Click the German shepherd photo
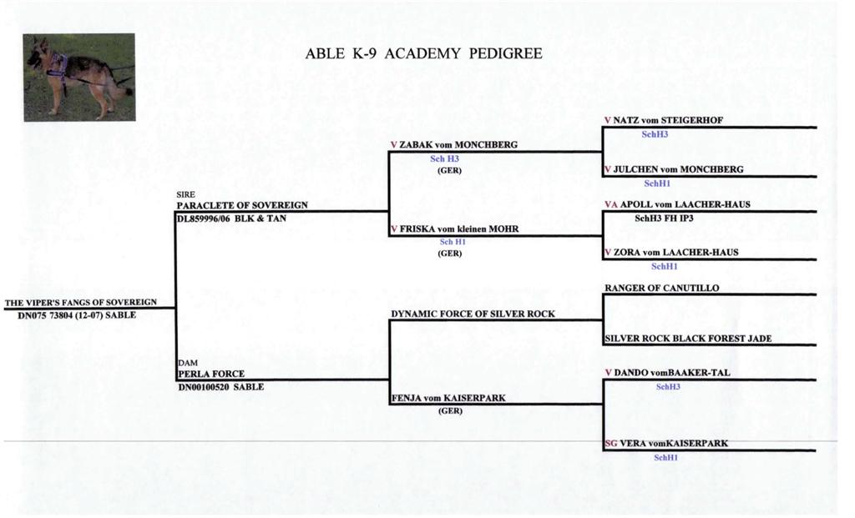click(79, 78)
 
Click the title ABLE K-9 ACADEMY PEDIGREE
click(423, 53)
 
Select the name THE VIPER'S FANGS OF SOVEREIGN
click(81, 302)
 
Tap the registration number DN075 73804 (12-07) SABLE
click(77, 315)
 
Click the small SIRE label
click(185, 194)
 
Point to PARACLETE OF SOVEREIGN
click(242, 205)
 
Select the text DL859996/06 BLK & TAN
click(231, 219)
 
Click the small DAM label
click(188, 363)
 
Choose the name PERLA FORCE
click(211, 374)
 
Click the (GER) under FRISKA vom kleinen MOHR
click(450, 254)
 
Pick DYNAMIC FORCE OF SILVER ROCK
click(473, 314)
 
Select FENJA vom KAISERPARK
click(448, 398)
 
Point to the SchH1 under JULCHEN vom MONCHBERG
click(657, 184)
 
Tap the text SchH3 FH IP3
click(664, 218)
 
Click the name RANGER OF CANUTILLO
click(662, 288)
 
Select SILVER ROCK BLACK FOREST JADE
click(688, 339)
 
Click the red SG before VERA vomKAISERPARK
click(610, 444)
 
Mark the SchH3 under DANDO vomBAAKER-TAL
click(668, 387)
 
